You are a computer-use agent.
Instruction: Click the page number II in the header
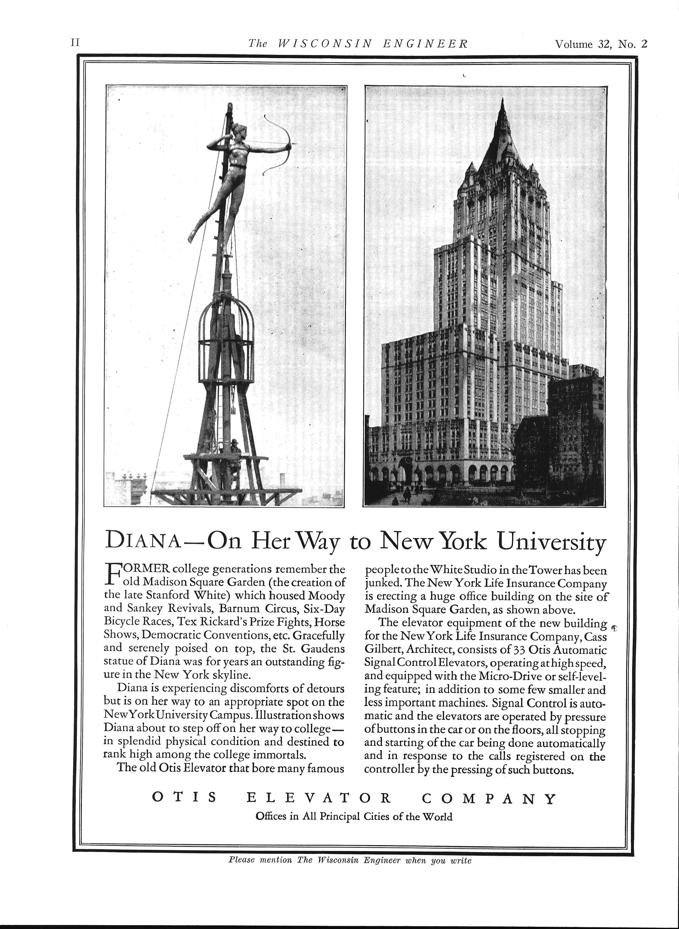pyautogui.click(x=75, y=44)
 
